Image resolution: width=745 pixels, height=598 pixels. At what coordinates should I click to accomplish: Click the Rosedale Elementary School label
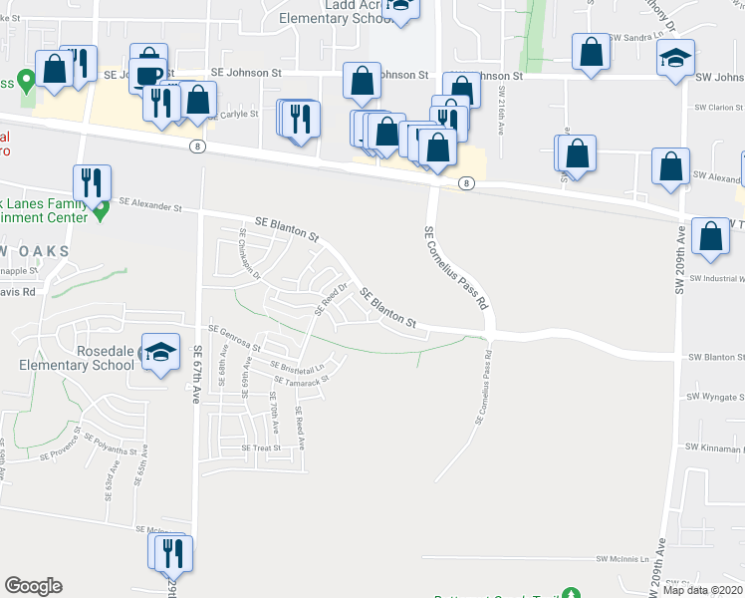[77, 358]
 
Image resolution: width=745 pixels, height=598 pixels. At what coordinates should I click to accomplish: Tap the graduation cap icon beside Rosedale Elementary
[160, 353]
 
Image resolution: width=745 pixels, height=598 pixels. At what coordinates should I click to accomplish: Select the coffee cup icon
[148, 77]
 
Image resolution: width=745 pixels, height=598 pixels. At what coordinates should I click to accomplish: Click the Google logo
[33, 586]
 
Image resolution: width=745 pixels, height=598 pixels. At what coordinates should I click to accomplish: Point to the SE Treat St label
[261, 448]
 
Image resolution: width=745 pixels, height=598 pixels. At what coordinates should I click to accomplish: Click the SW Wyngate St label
[715, 397]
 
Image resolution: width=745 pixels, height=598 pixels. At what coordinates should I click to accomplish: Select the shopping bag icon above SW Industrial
[711, 238]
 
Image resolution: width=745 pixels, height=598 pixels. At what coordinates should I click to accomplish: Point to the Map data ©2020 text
[703, 590]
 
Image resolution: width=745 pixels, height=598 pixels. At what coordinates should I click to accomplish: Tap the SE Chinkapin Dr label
[249, 253]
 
